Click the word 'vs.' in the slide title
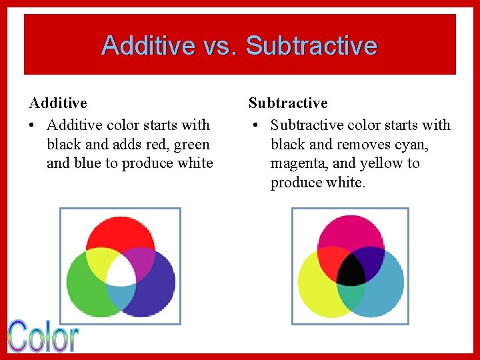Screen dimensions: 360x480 [221, 46]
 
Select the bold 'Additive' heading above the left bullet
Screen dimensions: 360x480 [58, 103]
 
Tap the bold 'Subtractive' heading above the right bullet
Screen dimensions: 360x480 [288, 103]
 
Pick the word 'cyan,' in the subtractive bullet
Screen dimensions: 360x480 [411, 144]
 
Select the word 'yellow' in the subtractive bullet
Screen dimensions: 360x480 [382, 163]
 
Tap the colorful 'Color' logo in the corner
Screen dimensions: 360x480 [43, 336]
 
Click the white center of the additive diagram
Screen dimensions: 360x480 [121, 270]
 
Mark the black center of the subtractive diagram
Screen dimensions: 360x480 [351, 270]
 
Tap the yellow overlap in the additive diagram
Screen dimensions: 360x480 [101, 260]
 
